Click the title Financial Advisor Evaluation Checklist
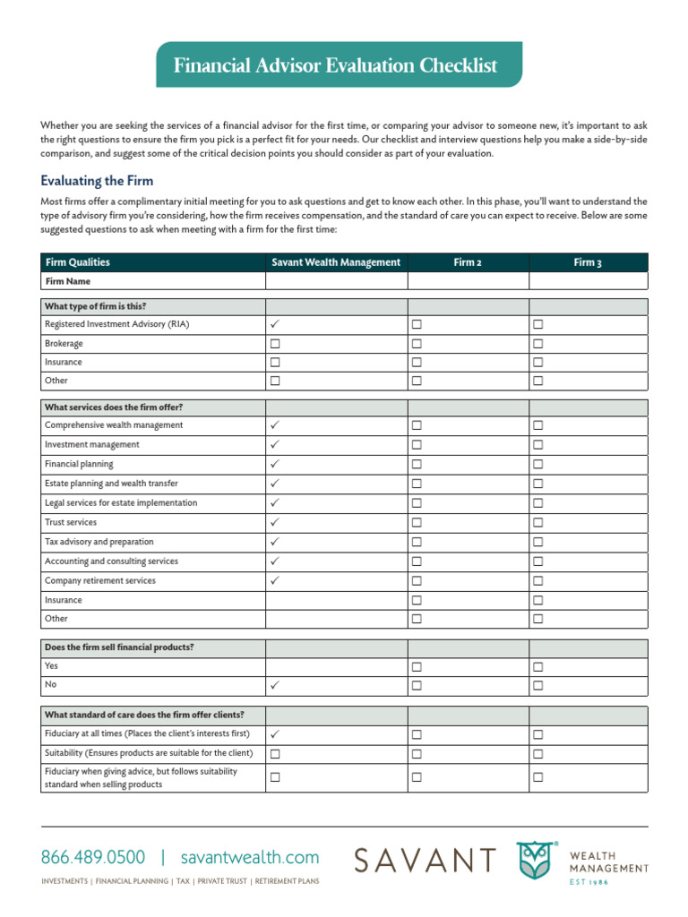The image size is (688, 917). point(335,65)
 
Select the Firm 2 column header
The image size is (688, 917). point(468,262)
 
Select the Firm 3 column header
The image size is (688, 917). point(588,262)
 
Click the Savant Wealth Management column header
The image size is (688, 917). point(336,262)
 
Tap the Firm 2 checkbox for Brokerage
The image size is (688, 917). point(417,343)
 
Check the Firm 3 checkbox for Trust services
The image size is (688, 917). point(538,522)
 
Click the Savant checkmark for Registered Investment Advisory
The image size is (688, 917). point(275,324)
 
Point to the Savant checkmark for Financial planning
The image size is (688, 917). point(275,464)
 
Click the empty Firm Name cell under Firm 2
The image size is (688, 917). point(468,281)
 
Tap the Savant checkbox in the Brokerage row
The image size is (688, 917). point(275,343)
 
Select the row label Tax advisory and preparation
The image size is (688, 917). point(99,542)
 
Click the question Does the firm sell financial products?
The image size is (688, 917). point(119,647)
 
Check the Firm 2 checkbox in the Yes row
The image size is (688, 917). point(417,667)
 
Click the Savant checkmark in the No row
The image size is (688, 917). point(275,686)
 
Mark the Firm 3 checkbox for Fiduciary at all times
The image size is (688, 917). point(538,734)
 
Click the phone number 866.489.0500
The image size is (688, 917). point(91,858)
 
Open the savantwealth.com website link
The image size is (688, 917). point(249,858)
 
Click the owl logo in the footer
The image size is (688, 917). point(535,861)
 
